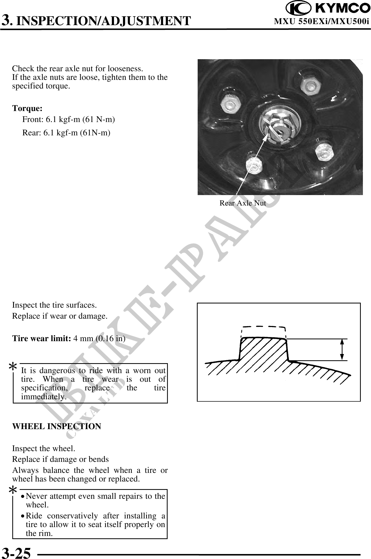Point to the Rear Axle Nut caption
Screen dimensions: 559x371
pyautogui.click(x=242, y=203)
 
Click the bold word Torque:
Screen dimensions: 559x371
pyautogui.click(x=27, y=108)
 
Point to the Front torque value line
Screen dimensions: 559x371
pyautogui.click(x=69, y=120)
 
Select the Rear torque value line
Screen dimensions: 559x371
pyautogui.click(x=66, y=133)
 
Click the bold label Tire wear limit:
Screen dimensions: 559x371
pyautogui.click(x=42, y=339)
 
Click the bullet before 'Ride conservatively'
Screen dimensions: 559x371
pyautogui.click(x=24, y=516)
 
